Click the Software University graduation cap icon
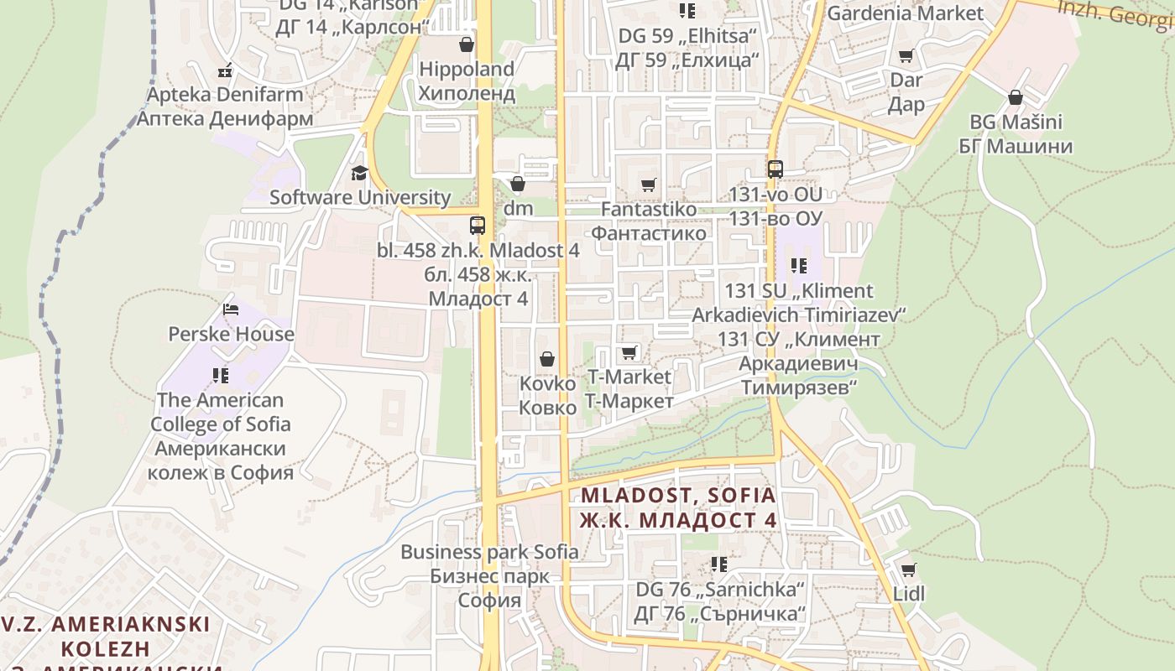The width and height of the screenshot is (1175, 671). point(359,174)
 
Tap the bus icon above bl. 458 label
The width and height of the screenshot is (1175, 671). point(477,226)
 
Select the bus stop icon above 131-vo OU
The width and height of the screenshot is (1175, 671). point(775,169)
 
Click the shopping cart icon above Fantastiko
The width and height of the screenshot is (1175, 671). point(648,185)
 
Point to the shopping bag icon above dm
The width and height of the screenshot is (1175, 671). point(518,184)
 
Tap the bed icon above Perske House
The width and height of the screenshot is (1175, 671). point(231,309)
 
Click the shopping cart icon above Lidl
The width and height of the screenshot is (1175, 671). point(908,570)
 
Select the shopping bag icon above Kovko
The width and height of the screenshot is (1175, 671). point(547,359)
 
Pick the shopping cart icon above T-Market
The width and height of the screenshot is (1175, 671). point(629,352)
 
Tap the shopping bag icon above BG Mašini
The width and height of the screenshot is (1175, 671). point(1016,97)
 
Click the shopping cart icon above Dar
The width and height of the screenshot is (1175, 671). point(906,56)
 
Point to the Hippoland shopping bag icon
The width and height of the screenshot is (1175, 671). point(466,44)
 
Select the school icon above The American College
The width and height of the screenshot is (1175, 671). point(221,375)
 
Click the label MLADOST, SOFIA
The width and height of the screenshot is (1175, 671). point(678,495)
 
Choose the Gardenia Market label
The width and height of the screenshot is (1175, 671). point(905,13)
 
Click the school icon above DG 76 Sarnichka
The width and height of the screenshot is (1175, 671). point(719,564)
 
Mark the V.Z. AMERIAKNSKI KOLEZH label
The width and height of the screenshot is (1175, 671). point(106,637)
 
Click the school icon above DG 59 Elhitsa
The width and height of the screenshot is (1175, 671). point(687,11)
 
